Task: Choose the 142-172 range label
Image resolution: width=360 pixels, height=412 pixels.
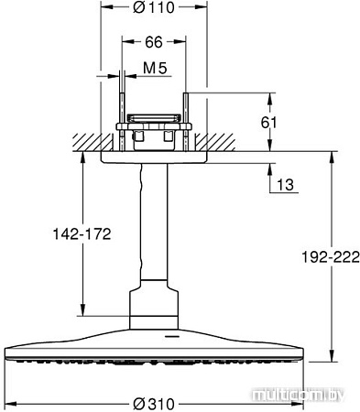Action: point(81,234)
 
